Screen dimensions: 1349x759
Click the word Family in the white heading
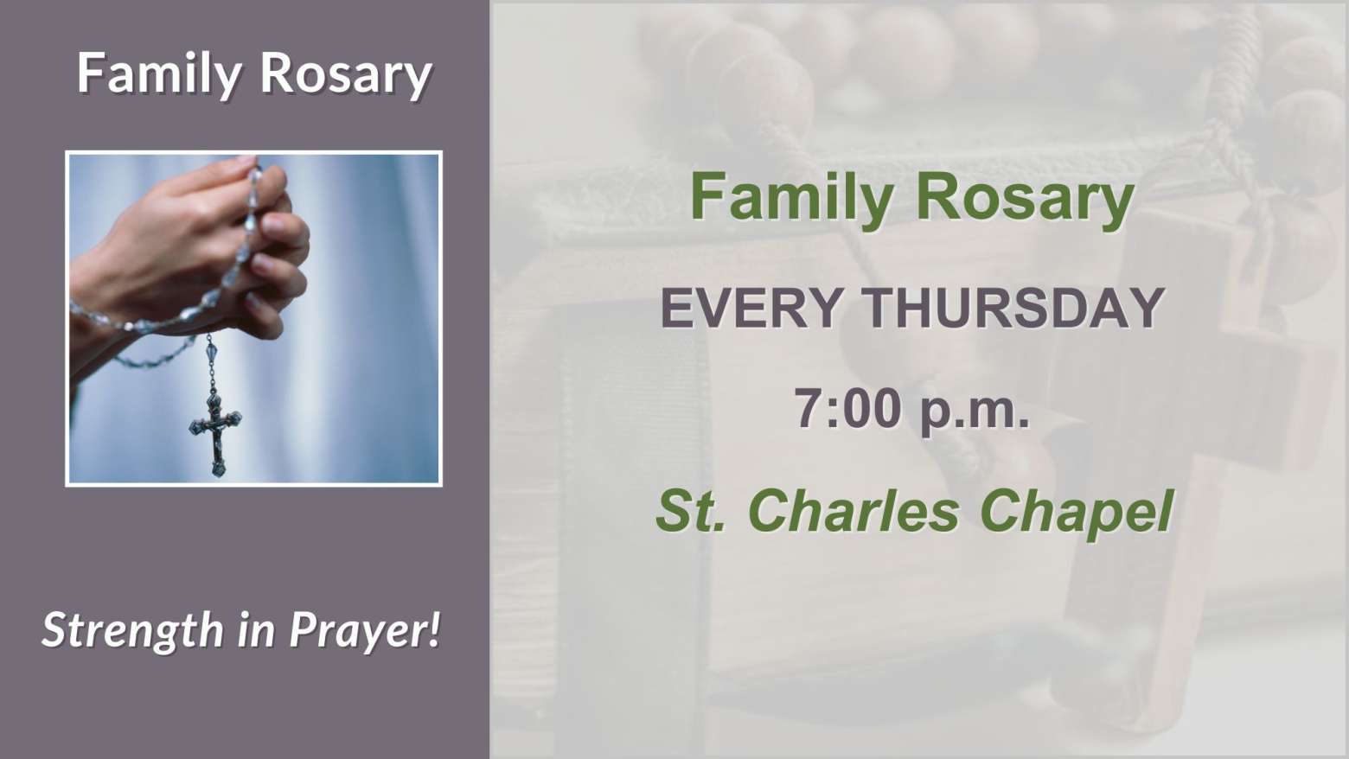click(158, 74)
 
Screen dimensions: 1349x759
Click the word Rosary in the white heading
click(346, 74)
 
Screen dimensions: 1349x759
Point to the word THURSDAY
click(1014, 308)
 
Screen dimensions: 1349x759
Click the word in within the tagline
click(257, 629)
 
